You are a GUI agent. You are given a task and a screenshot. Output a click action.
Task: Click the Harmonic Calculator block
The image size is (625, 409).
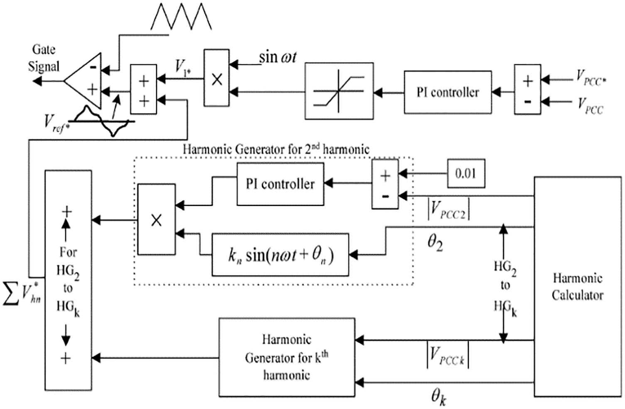(577, 286)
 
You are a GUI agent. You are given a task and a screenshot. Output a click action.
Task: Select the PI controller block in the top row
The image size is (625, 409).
(448, 92)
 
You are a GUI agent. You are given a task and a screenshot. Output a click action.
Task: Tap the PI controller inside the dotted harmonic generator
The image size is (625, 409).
(280, 184)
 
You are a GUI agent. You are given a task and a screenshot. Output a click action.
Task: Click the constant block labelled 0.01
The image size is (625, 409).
(466, 173)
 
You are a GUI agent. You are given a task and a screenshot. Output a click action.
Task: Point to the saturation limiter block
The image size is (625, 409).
(339, 90)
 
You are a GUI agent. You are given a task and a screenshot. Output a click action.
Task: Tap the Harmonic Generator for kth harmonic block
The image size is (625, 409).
(287, 357)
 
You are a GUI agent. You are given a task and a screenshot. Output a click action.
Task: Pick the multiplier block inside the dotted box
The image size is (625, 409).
(156, 219)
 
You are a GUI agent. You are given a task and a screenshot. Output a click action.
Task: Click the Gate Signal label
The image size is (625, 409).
(44, 58)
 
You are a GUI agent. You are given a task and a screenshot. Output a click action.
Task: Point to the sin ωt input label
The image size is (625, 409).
(277, 57)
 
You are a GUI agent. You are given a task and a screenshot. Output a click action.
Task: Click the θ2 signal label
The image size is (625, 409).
(435, 243)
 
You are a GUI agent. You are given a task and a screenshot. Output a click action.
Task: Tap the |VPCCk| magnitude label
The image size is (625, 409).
(448, 355)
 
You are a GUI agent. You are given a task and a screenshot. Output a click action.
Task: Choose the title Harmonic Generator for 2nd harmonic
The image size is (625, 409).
(276, 149)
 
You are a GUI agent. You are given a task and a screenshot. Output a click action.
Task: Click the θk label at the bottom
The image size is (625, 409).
(439, 397)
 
